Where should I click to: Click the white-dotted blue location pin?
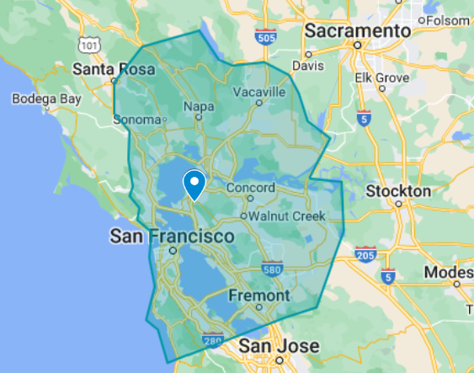tap(194, 183)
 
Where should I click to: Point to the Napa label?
tap(199, 108)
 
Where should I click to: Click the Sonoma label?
tap(136, 120)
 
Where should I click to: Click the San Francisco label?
tap(171, 237)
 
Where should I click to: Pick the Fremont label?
tap(258, 296)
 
